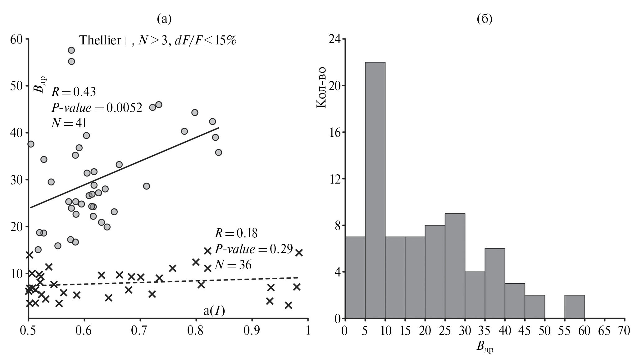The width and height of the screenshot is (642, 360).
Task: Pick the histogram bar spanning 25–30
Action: click(455, 266)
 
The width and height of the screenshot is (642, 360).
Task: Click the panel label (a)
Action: click(164, 19)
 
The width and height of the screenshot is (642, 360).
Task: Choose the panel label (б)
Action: click(484, 19)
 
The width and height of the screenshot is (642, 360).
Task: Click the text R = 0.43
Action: click(74, 92)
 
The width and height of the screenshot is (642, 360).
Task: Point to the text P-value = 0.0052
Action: click(97, 108)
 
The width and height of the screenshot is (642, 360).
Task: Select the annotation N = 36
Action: click(233, 265)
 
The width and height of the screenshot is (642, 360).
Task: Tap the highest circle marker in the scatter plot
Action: click(71, 50)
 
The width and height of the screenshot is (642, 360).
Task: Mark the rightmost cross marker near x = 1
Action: click(299, 253)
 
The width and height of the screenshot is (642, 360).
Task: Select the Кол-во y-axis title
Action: click(321, 87)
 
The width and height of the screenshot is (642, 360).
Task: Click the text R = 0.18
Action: click(236, 233)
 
